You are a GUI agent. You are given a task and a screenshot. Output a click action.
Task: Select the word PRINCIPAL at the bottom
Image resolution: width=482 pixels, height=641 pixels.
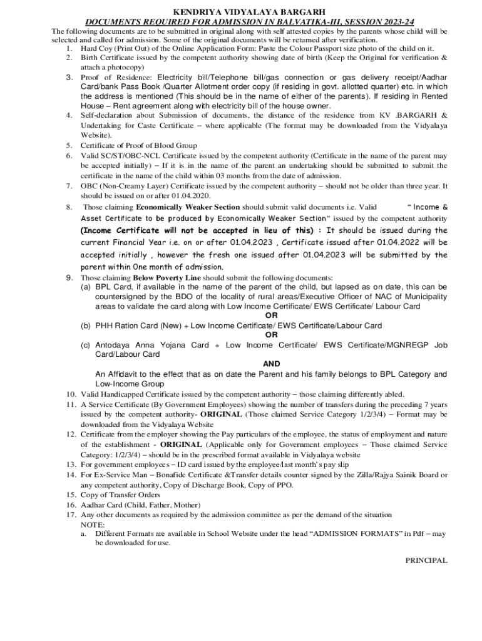click(426, 560)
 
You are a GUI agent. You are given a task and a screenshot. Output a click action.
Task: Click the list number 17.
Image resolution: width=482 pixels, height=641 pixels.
click(70, 515)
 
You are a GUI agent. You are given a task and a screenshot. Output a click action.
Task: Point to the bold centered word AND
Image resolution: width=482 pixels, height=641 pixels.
click(271, 364)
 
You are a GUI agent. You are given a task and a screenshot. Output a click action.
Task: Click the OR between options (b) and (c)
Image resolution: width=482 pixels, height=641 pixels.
click(271, 335)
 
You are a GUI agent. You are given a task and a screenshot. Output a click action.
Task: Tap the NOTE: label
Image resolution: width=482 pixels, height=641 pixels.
click(93, 524)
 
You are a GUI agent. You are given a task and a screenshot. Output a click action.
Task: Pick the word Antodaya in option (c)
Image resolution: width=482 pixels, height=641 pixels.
click(111, 345)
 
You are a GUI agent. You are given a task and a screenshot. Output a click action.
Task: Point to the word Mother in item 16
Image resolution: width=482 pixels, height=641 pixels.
click(188, 505)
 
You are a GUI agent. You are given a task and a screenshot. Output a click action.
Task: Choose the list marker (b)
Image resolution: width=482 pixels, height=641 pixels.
click(85, 326)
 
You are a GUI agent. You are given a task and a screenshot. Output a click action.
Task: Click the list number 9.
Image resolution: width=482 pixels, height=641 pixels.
click(70, 277)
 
